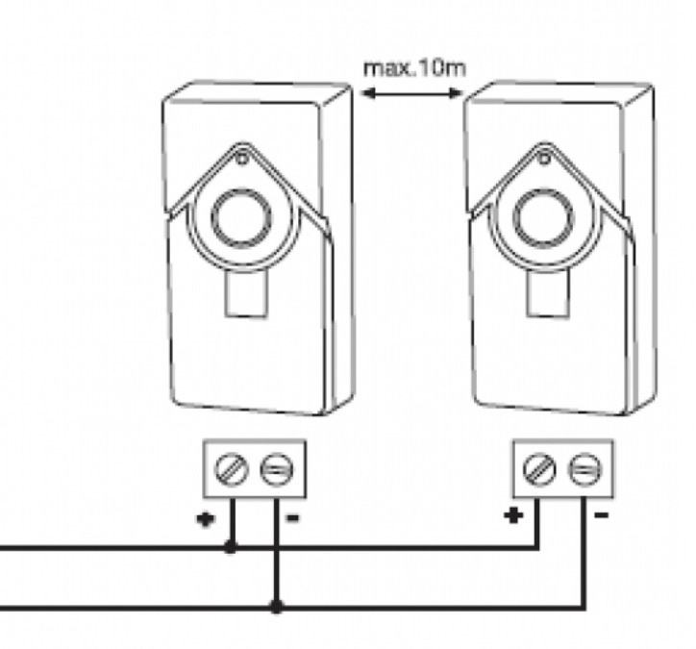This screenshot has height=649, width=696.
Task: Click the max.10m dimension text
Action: (x=414, y=69)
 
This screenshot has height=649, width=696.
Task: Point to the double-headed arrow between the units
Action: (x=412, y=93)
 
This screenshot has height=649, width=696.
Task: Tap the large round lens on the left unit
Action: (x=241, y=217)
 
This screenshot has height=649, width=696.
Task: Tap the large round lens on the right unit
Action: (x=543, y=218)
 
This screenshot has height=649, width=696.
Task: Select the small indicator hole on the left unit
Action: (x=242, y=159)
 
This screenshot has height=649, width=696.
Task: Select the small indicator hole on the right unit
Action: (x=544, y=159)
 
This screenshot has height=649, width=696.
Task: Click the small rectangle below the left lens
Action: (x=247, y=293)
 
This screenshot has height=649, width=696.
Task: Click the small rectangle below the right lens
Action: (x=548, y=293)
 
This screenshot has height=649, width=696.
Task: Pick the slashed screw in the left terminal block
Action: (x=232, y=469)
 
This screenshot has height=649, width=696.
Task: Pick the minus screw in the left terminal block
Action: (x=277, y=469)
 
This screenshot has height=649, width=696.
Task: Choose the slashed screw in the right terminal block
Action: (x=539, y=469)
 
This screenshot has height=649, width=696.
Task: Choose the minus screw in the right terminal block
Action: (x=585, y=469)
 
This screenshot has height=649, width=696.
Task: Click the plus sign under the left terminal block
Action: (x=206, y=519)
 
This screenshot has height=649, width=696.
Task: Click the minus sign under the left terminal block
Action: (x=294, y=517)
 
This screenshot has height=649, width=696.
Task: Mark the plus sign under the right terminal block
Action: (x=513, y=515)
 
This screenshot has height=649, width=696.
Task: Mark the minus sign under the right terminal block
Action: (x=602, y=515)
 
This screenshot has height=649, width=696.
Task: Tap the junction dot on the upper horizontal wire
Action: (x=231, y=547)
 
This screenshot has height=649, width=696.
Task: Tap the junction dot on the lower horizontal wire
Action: (x=277, y=607)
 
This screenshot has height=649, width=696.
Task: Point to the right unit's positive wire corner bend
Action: (x=537, y=548)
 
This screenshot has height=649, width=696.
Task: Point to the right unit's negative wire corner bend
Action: (x=584, y=607)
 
